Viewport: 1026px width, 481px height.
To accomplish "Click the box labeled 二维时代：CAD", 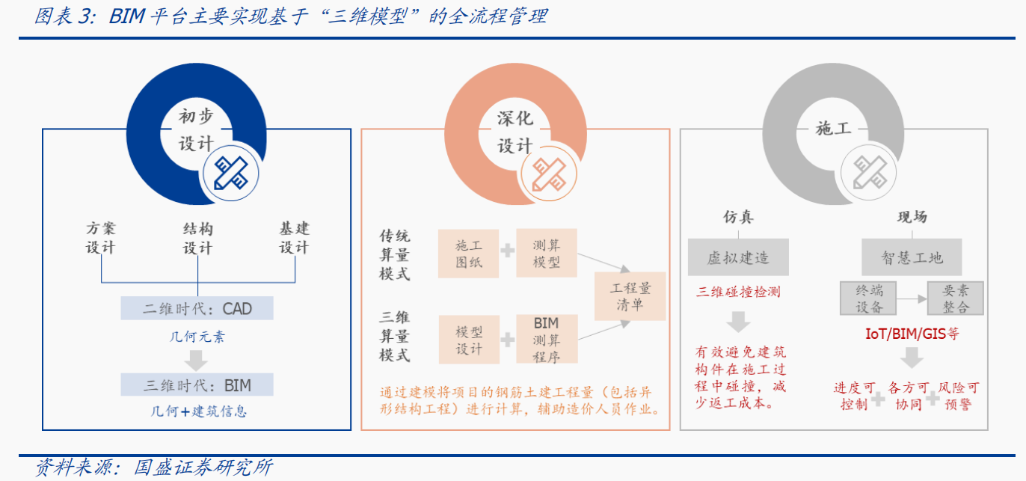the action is [x=197, y=308].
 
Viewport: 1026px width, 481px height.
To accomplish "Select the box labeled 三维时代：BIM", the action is [x=197, y=385].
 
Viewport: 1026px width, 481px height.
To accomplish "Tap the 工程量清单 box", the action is [x=630, y=296].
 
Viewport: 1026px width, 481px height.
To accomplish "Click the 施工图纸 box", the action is [x=468, y=254].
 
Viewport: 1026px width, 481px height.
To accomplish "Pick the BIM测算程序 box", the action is [x=547, y=340].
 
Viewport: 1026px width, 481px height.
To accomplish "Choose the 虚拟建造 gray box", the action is [x=738, y=257].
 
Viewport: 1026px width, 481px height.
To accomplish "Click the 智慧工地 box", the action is [x=912, y=257].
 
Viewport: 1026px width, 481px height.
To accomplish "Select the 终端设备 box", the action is [x=868, y=298].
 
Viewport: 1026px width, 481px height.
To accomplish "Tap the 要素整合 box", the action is [x=956, y=298].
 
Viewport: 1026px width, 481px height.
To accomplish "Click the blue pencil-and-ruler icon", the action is [x=231, y=174].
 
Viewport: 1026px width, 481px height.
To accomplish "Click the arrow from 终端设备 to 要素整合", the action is [x=912, y=299].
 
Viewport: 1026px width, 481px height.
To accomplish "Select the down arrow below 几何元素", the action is [x=196, y=361].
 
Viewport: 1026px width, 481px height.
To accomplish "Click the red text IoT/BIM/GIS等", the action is [x=912, y=334].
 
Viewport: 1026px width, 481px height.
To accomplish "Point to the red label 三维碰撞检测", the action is [x=738, y=292].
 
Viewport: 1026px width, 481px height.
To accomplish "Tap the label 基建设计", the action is [x=295, y=238].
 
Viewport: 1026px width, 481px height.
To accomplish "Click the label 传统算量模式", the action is [x=394, y=254].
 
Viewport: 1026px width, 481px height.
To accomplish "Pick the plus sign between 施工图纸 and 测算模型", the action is [x=508, y=251].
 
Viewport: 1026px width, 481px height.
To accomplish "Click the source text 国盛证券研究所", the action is [x=203, y=468].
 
